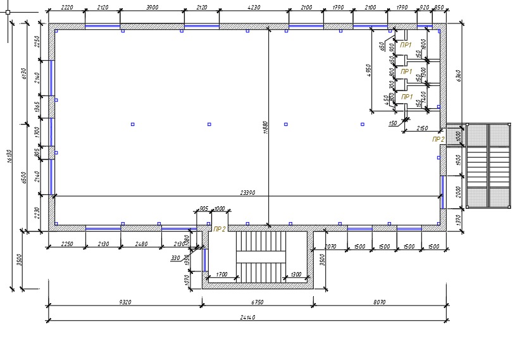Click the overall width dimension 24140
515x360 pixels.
click(x=249, y=317)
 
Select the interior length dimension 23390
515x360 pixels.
click(x=248, y=192)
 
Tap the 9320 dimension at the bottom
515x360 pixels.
click(x=125, y=302)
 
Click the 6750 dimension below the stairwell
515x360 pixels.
click(x=257, y=302)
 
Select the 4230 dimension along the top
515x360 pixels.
click(x=253, y=8)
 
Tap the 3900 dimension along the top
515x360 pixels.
click(x=152, y=8)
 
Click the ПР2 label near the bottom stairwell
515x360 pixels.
click(x=220, y=229)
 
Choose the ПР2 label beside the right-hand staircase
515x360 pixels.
click(x=438, y=139)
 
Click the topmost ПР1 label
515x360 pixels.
click(x=407, y=45)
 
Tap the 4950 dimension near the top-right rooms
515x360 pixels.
click(x=368, y=70)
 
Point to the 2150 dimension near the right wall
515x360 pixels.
click(x=423, y=128)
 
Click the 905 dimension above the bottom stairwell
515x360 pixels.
click(x=204, y=208)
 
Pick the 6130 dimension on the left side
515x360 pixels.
click(x=24, y=74)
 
